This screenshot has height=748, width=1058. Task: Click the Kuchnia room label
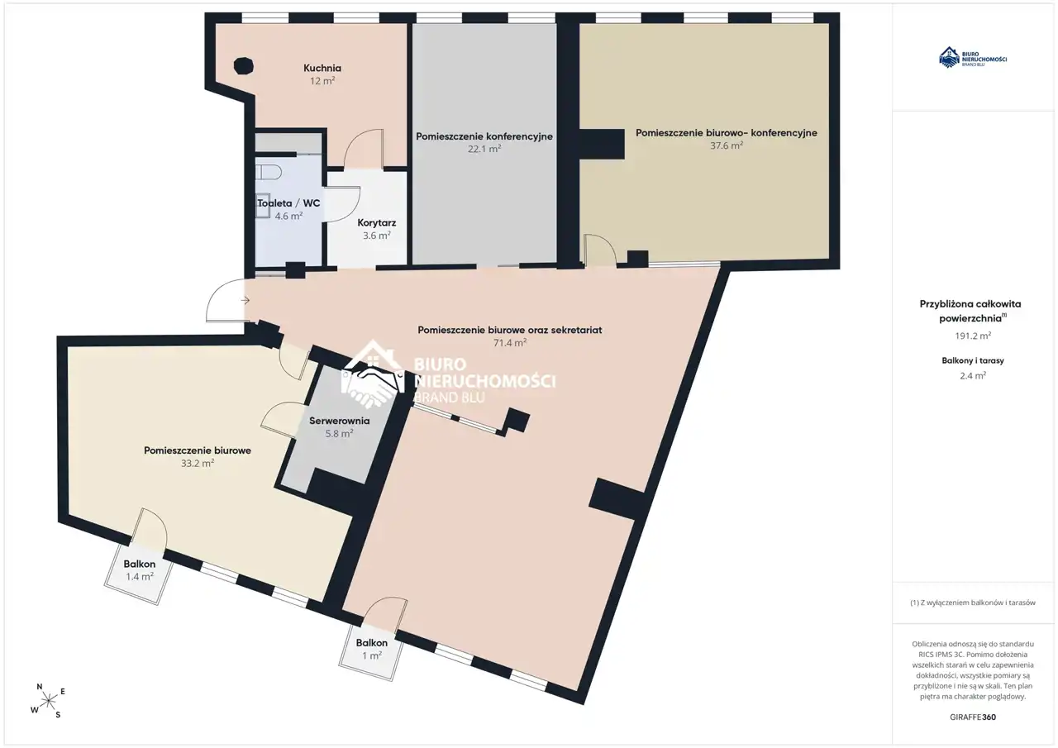click(322, 68)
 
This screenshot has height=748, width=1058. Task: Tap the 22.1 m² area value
click(484, 149)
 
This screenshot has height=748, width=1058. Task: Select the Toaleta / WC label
click(288, 203)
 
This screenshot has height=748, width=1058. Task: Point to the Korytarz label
click(376, 223)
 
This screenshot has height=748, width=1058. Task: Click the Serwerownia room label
click(339, 420)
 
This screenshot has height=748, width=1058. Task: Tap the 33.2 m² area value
click(198, 463)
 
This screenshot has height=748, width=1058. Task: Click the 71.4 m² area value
click(510, 343)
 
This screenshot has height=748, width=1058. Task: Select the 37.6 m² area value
click(727, 145)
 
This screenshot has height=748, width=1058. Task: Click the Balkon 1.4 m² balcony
click(139, 573)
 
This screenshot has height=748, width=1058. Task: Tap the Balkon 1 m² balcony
click(372, 653)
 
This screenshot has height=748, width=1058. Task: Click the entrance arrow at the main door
click(245, 300)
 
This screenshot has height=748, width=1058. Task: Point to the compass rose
click(48, 701)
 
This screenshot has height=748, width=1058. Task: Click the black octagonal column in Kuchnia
click(243, 66)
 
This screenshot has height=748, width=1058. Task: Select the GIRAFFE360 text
click(973, 717)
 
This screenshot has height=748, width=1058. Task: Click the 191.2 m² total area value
click(973, 336)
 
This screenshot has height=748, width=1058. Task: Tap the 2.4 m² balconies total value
click(973, 376)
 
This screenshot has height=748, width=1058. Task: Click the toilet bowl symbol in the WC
click(269, 171)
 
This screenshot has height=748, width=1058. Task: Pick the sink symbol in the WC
click(263, 205)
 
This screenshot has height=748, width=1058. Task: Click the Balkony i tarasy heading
click(973, 360)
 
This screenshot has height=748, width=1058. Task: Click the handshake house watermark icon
click(373, 374)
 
